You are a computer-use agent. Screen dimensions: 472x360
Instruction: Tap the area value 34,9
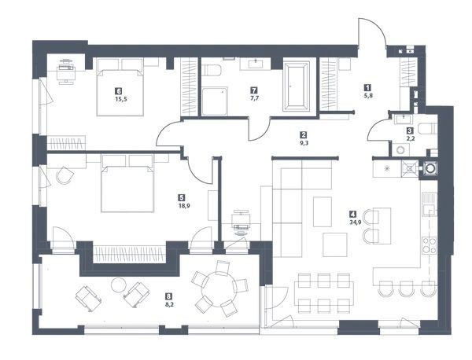[353, 222]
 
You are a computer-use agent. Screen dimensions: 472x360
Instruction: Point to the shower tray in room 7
[215, 101]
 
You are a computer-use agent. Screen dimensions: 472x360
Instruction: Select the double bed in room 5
[127, 183]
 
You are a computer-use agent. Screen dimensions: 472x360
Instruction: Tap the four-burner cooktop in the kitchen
[430, 246]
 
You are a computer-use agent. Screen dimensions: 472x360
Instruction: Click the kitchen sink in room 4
[430, 204]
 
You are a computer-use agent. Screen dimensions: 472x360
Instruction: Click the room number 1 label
[367, 87]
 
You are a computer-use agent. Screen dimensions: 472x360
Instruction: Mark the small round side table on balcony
[118, 285]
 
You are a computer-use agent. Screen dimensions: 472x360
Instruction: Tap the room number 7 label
[255, 90]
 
